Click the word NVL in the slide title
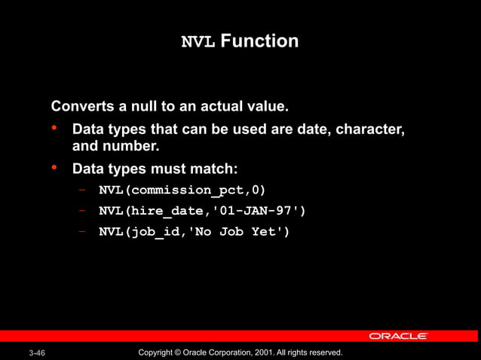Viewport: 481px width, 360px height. (199, 41)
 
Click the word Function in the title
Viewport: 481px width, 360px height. (259, 41)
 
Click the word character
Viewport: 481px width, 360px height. (371, 130)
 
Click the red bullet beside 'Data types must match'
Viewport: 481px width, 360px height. (55, 167)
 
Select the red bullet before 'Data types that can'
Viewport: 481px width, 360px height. (55, 129)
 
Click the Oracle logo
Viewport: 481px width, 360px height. (398, 336)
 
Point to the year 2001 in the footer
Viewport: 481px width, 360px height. (261, 352)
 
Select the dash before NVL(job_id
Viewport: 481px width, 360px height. (81, 231)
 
